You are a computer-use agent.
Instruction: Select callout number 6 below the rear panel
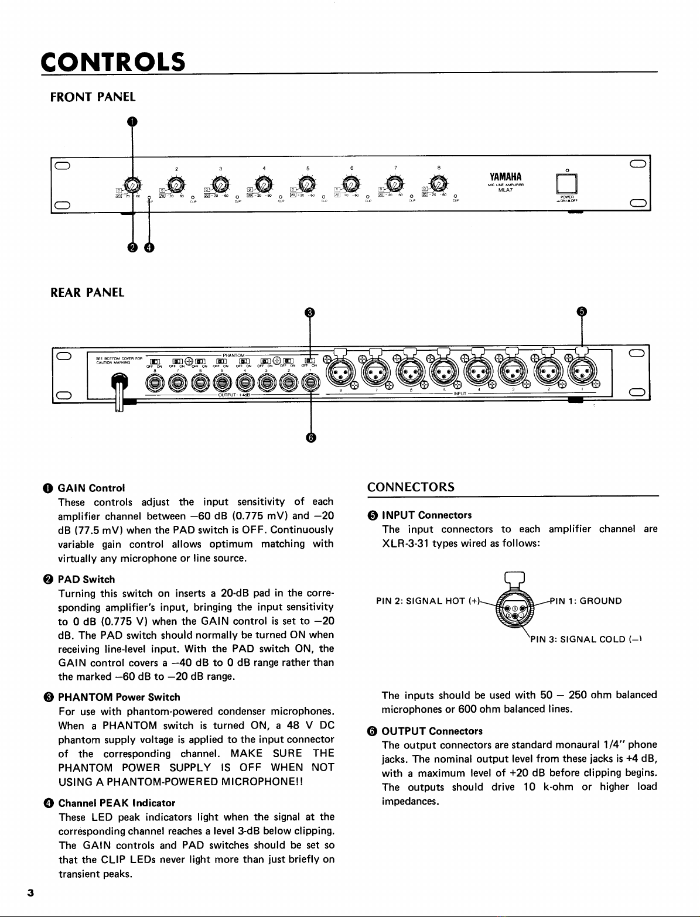pos(310,437)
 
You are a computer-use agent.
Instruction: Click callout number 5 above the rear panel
pos(581,312)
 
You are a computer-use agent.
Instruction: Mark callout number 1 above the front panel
pos(133,122)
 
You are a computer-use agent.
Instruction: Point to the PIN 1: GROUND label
pos(586,601)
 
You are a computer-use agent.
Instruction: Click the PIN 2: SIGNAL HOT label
pos(426,601)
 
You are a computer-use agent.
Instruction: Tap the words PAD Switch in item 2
pos(86,580)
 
